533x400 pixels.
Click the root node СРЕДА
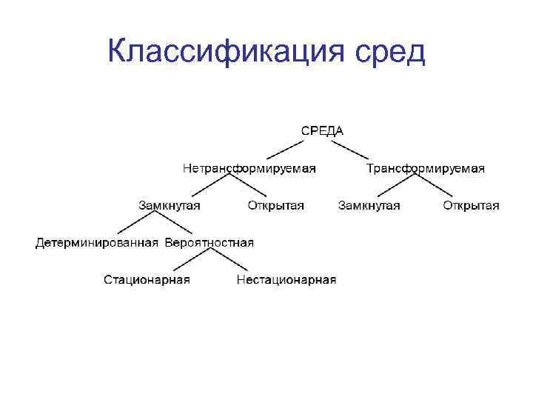point(321,130)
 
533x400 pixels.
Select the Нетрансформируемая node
point(249,168)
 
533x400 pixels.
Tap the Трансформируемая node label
point(426,168)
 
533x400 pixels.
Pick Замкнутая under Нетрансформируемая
point(169,205)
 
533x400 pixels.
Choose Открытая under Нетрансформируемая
point(275,205)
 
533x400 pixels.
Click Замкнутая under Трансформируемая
point(369,205)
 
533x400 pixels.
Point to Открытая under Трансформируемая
point(471,205)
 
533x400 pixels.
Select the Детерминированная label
point(97,242)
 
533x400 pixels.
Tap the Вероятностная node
point(209,242)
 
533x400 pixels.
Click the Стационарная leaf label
point(147,279)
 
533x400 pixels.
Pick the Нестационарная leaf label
point(286,279)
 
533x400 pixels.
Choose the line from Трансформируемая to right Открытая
point(445,187)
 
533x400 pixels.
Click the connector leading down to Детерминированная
point(133,224)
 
